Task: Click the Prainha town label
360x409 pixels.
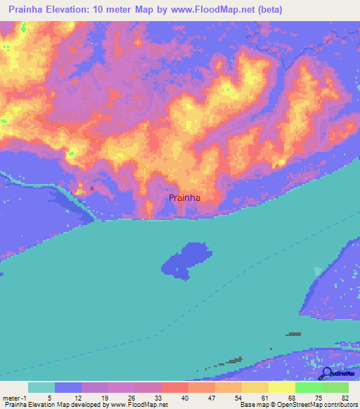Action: pos(185,198)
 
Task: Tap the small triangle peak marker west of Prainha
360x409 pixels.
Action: pos(91,188)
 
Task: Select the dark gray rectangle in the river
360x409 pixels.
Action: pos(294,334)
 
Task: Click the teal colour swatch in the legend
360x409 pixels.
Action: pos(41,387)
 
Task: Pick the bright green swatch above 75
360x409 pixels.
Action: pos(308,387)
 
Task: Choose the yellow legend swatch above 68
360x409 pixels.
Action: pos(281,387)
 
